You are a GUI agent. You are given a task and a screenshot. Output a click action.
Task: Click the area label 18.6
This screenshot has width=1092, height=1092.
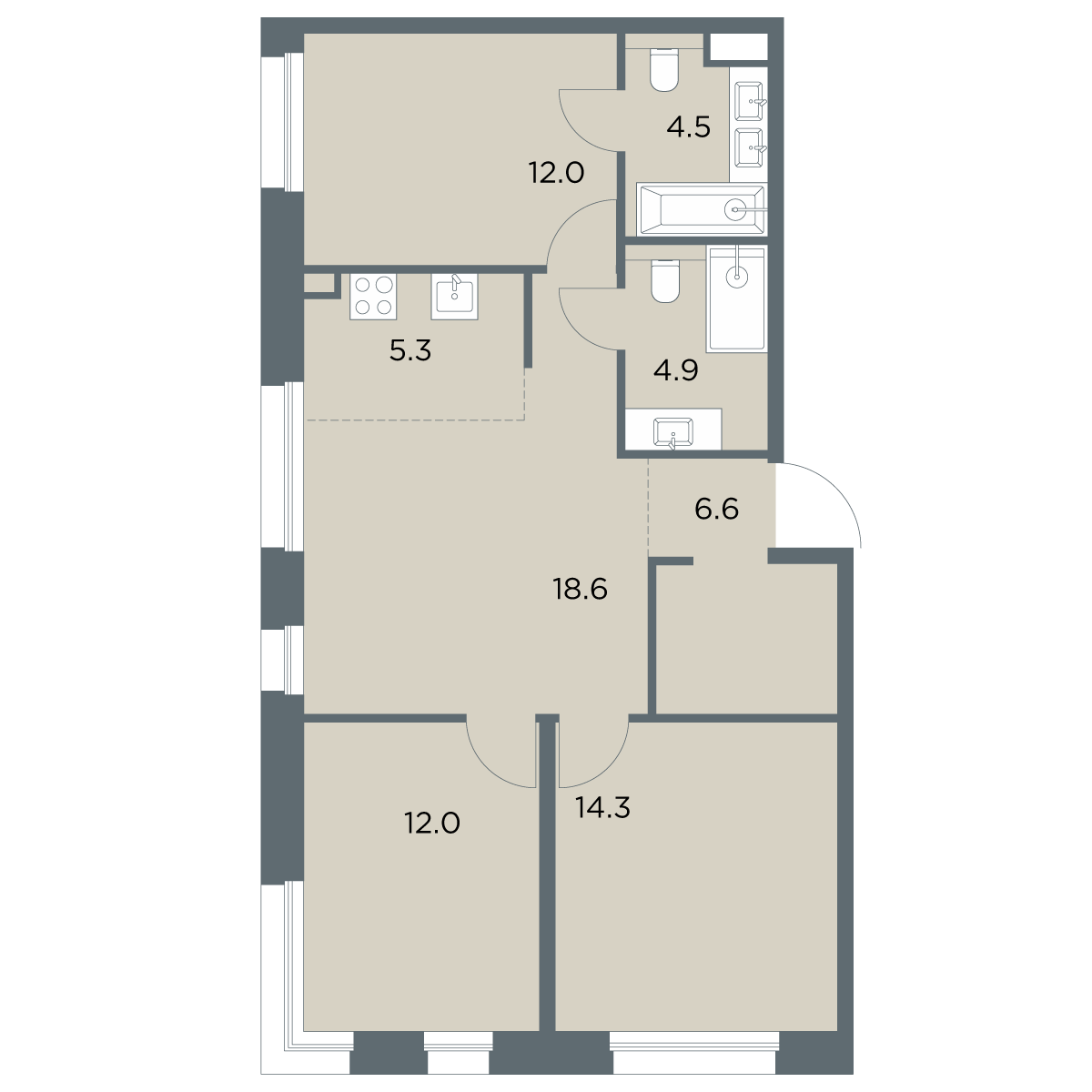(x=580, y=590)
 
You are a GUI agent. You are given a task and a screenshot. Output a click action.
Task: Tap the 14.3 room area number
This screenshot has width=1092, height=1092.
(x=602, y=807)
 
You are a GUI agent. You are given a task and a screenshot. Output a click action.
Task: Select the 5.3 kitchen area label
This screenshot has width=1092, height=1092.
(x=410, y=350)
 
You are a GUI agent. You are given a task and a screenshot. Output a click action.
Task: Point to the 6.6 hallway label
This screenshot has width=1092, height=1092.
(x=716, y=509)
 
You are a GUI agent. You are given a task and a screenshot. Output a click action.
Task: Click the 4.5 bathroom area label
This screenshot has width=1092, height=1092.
(x=688, y=126)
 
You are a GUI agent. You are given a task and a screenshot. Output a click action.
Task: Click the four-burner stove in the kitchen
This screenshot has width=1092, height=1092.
(x=373, y=297)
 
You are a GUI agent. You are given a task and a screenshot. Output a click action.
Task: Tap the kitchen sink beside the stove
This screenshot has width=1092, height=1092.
(x=454, y=297)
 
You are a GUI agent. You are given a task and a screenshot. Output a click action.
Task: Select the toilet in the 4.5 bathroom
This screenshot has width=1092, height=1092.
(x=664, y=69)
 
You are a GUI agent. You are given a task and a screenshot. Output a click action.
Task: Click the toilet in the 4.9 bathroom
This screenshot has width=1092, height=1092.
(x=664, y=280)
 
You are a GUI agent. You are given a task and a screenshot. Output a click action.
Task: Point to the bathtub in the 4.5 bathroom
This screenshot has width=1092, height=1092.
(x=702, y=209)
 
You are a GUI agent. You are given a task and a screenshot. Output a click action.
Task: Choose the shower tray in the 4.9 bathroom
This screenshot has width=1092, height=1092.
(x=737, y=299)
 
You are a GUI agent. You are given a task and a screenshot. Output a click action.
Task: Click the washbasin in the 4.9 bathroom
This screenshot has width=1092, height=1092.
(x=672, y=433)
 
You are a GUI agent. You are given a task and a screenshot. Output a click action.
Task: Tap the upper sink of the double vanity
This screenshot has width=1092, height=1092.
(x=749, y=101)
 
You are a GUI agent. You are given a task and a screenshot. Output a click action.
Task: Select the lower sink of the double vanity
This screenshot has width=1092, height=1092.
(x=749, y=147)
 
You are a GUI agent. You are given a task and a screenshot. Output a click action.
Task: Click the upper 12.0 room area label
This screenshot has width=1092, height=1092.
(x=556, y=172)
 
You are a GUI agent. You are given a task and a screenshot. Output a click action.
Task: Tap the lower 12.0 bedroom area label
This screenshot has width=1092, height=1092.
(x=432, y=823)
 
